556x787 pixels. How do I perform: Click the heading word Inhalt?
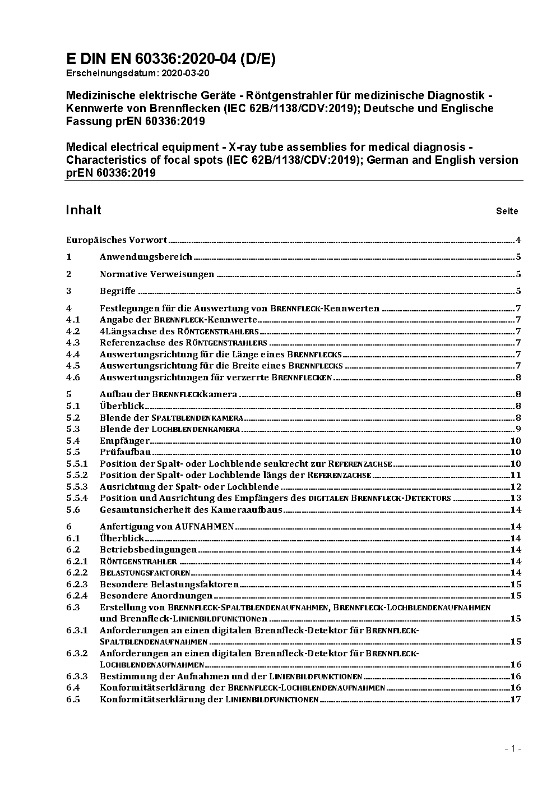click(84, 210)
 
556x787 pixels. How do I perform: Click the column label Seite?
click(507, 211)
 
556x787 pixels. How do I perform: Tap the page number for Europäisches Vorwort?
click(518, 240)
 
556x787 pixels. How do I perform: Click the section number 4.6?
click(73, 378)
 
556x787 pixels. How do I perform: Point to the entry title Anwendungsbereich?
click(146, 257)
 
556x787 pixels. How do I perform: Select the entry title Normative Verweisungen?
click(157, 274)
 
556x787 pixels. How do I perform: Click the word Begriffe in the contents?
click(118, 291)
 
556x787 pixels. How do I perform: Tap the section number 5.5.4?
click(77, 498)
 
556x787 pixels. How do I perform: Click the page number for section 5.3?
click(518, 429)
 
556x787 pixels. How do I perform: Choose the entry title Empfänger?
click(124, 441)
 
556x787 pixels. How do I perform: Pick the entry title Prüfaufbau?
click(126, 452)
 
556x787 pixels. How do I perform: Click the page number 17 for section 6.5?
click(516, 699)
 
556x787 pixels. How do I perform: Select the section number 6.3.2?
click(77, 653)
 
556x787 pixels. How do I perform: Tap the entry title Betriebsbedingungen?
click(148, 550)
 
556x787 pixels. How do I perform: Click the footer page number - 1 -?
click(513, 748)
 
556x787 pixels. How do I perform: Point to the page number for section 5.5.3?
click(516, 487)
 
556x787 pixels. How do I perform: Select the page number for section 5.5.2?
click(516, 475)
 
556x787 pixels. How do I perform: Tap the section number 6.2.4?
click(77, 596)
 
